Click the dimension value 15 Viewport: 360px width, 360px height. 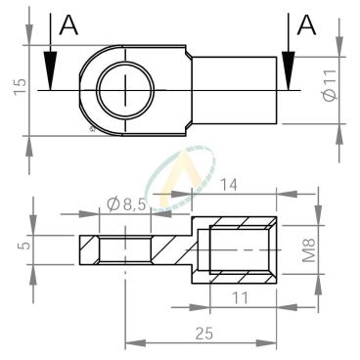(x=21, y=86)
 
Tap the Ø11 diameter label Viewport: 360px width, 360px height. (x=330, y=85)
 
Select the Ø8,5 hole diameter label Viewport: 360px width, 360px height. (x=125, y=204)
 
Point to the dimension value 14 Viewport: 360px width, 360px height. (x=229, y=185)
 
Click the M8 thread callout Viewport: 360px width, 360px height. (x=308, y=250)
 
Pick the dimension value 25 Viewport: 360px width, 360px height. (x=204, y=334)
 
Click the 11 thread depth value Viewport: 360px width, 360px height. (x=240, y=298)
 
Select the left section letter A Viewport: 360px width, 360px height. (x=68, y=25)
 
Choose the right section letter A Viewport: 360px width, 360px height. (x=306, y=25)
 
